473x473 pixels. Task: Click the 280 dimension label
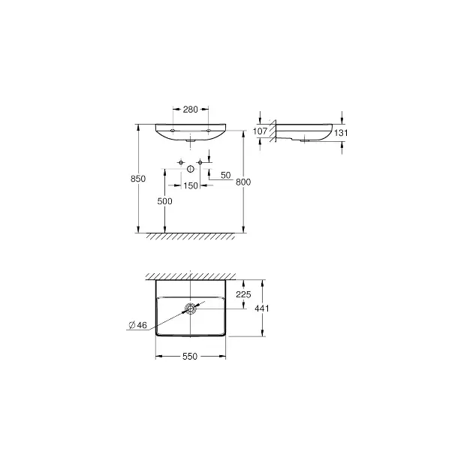[x=191, y=109]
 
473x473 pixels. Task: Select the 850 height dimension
[x=138, y=179]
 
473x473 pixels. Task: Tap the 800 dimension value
[x=243, y=182]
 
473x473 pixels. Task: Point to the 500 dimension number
[x=164, y=201]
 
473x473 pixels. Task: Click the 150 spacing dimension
[x=191, y=185]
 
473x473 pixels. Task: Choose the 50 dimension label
[x=226, y=175]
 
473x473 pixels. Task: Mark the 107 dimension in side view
[x=260, y=131]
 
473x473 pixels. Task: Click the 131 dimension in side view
[x=341, y=133]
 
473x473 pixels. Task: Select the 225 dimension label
[x=243, y=294]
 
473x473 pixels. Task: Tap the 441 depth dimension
[x=262, y=309]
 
